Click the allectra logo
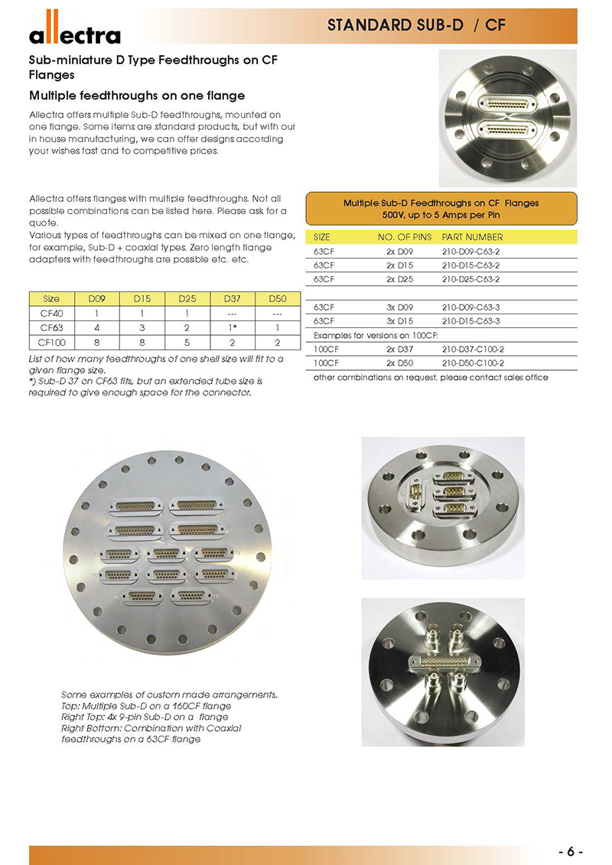(x=74, y=33)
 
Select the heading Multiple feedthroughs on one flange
(x=137, y=96)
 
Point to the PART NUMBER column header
(x=472, y=237)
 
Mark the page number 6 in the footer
(x=571, y=851)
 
